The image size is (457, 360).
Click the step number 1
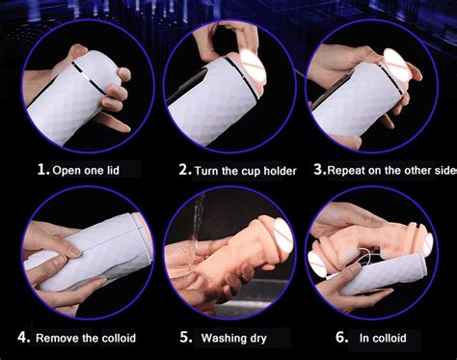click(x=43, y=169)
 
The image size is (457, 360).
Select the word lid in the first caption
click(x=114, y=170)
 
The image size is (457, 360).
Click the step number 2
click(x=186, y=169)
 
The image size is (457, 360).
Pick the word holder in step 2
click(x=280, y=171)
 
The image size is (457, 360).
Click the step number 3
click(x=320, y=169)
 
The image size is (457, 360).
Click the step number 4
click(x=24, y=337)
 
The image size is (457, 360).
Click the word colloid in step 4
click(x=119, y=338)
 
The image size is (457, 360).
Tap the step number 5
click(x=186, y=337)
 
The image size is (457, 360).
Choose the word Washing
click(x=221, y=339)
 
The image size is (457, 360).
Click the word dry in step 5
click(x=256, y=339)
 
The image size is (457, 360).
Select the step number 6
click(x=342, y=337)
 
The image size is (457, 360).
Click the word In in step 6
click(x=364, y=338)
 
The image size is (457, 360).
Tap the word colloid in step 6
click(x=390, y=338)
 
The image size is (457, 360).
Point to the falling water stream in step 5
click(x=197, y=222)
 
